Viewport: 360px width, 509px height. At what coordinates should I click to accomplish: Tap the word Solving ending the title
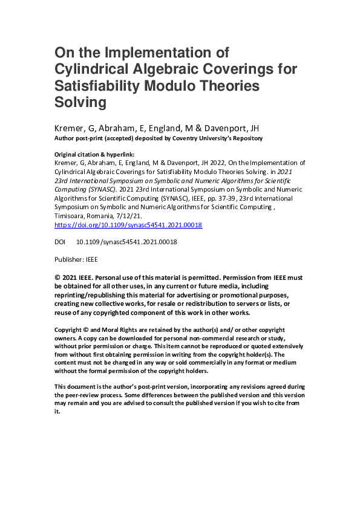coord(80,102)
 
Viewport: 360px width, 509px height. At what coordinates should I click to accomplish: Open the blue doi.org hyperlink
coord(128,225)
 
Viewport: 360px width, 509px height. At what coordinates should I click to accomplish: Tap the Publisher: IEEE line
coord(76,259)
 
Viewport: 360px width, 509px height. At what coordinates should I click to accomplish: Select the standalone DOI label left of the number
coord(61,242)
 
